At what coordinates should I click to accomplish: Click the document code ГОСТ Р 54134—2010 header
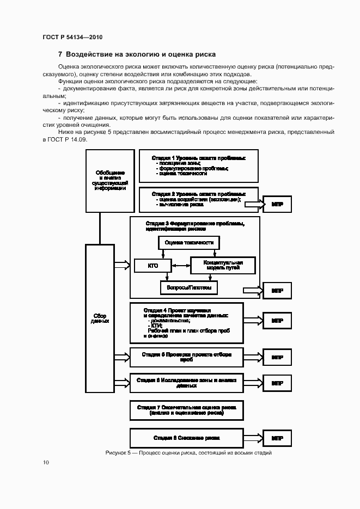coord(72,36)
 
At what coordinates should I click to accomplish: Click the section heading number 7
coord(60,54)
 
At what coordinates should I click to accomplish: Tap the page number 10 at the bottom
coord(46,462)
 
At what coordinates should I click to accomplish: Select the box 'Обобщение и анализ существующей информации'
coord(109,181)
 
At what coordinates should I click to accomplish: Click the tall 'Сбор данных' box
coord(100,318)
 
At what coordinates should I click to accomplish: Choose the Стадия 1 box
coord(198,166)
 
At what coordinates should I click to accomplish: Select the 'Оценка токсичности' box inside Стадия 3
coord(189,243)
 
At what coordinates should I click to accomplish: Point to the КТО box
coord(153,266)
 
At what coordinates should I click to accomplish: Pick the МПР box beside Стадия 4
coord(277,321)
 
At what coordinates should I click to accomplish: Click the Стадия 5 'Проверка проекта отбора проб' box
coord(186,357)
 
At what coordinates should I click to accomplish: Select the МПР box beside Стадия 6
coord(277,383)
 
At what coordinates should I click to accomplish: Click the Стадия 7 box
coord(186,410)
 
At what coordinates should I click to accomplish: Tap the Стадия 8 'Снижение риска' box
coord(186,438)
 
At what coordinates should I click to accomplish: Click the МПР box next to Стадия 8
coord(277,438)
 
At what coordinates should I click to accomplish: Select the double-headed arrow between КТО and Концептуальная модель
coord(181,265)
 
